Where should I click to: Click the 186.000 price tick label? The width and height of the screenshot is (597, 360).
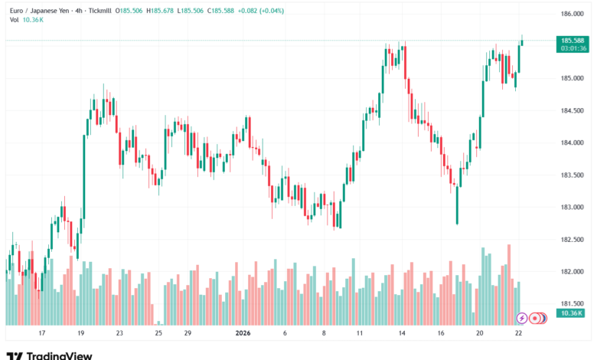573,14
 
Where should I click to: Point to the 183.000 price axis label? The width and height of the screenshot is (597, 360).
573,207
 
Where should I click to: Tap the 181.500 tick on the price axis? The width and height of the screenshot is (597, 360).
573,303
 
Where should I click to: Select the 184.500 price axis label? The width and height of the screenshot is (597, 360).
573,110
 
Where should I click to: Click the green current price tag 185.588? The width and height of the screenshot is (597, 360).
573,40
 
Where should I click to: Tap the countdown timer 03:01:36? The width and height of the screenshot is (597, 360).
573,48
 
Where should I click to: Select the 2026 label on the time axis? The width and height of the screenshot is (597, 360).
243,333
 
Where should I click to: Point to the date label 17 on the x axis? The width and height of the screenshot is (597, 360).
42,333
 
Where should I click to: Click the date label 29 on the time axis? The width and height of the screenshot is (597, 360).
187,333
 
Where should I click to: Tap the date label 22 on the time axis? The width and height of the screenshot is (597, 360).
520,333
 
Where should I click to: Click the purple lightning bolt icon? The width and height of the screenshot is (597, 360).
522,318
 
